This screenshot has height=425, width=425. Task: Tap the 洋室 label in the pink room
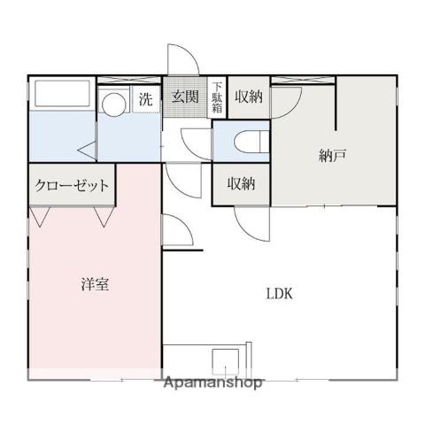96,285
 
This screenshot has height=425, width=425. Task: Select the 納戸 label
332,156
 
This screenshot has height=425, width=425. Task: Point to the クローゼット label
73,186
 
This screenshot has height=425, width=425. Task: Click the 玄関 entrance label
184,97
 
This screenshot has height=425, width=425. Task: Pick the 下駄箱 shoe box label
218,97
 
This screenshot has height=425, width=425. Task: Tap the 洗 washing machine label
145,99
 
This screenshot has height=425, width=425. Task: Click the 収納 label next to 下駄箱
249,97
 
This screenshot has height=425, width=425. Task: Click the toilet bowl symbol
246,141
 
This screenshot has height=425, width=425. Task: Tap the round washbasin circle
112,104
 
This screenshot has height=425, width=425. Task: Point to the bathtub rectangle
61,96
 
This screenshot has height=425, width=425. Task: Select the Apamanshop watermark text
213,383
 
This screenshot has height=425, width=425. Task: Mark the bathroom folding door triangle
86,151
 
